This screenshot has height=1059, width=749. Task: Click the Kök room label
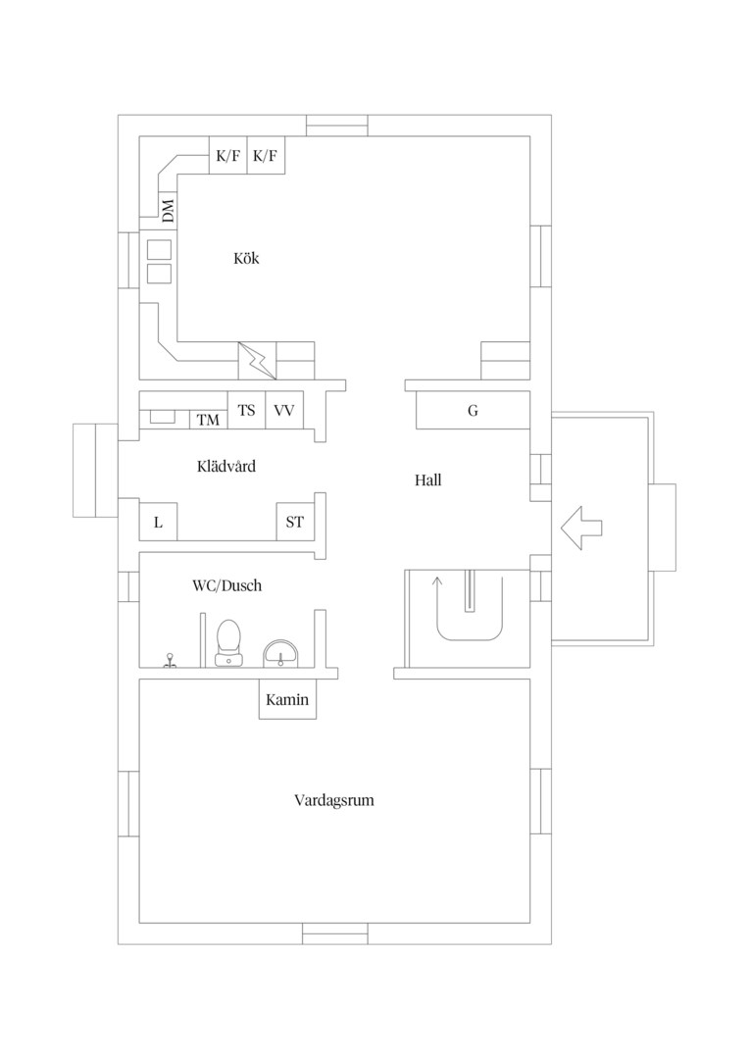tap(246, 258)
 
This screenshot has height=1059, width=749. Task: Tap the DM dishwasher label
tap(168, 210)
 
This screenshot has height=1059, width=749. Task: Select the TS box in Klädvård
tap(246, 410)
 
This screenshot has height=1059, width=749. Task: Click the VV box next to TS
tap(284, 410)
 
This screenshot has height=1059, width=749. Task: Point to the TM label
tap(208, 420)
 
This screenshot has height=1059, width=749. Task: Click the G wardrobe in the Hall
tap(473, 410)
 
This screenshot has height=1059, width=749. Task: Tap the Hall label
tap(428, 480)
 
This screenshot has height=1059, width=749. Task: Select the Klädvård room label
tap(226, 466)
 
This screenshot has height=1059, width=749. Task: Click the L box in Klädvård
tap(158, 522)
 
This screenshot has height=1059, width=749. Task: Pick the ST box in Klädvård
tap(295, 522)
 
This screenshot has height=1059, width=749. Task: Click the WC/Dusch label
tap(226, 585)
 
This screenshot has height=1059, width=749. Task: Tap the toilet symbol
tap(228, 643)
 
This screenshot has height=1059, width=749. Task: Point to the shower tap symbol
tap(171, 660)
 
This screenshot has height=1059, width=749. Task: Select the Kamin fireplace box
tap(287, 699)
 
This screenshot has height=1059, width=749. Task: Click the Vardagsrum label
tap(334, 800)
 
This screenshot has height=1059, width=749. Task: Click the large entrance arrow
tap(580, 528)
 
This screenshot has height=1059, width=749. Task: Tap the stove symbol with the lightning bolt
tap(257, 361)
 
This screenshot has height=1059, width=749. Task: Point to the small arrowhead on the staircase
tap(436, 580)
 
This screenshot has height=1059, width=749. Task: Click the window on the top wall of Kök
tap(337, 126)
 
